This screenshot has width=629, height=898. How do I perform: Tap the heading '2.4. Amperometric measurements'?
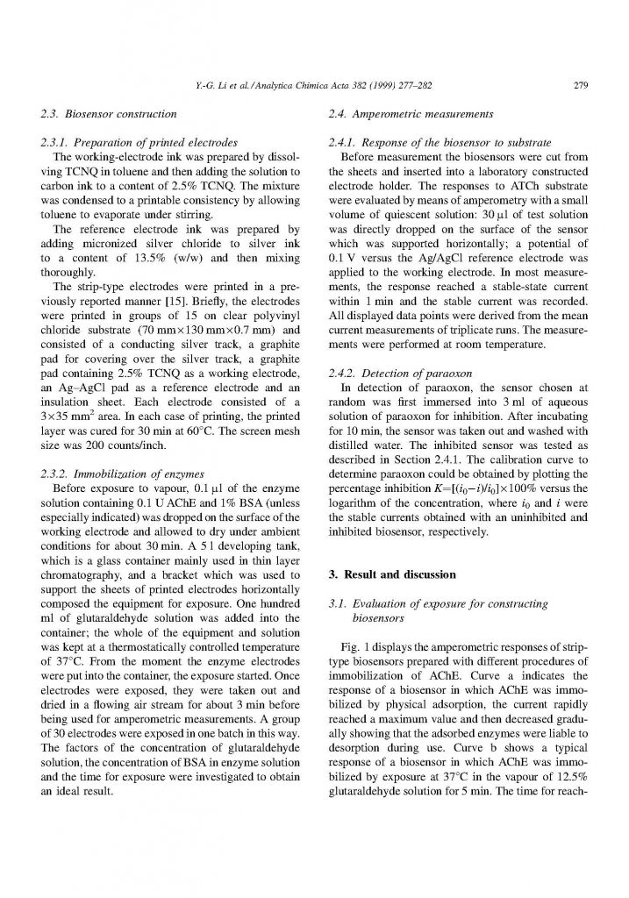(x=393, y=113)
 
